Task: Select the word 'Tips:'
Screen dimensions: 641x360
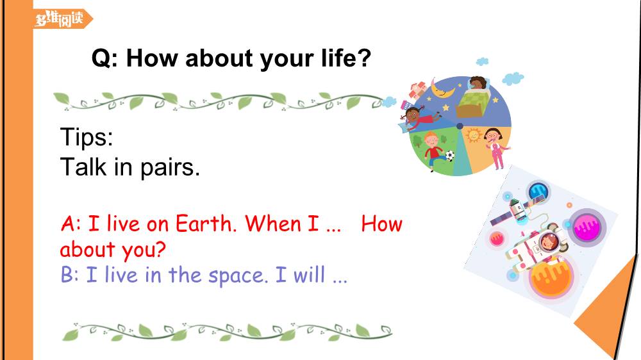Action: click(x=87, y=136)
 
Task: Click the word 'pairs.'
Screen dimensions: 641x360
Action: click(x=170, y=168)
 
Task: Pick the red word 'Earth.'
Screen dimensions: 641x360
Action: click(x=206, y=224)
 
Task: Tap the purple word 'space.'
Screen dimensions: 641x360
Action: click(x=238, y=276)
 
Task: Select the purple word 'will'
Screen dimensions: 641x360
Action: click(x=309, y=274)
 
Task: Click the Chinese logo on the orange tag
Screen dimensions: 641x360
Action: click(x=59, y=19)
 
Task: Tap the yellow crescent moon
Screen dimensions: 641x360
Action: click(x=442, y=88)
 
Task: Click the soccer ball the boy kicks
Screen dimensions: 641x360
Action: click(x=449, y=155)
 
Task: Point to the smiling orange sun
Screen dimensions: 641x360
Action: click(x=474, y=135)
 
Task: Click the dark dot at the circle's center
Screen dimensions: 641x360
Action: click(x=460, y=126)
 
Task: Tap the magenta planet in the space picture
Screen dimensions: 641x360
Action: click(x=587, y=227)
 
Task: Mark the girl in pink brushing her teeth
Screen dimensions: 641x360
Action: click(x=496, y=148)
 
